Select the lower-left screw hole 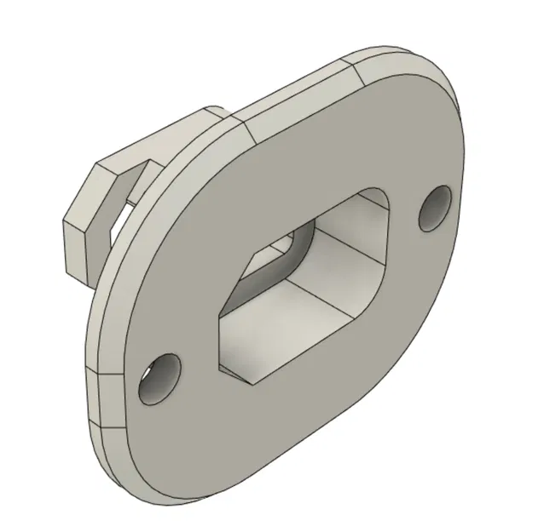pyautogui.click(x=160, y=380)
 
